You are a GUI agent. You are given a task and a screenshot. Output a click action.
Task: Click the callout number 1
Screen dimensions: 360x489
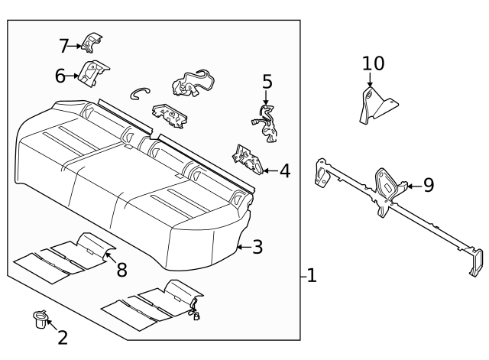click(312, 276)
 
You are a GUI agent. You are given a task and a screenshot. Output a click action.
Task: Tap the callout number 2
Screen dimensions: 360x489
click(63, 336)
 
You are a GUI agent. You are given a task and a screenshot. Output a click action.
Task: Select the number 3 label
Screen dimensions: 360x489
click(257, 247)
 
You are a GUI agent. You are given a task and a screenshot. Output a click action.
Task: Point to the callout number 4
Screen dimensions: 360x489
click(284, 170)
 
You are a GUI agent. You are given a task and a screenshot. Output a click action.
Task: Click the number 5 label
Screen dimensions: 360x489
click(267, 81)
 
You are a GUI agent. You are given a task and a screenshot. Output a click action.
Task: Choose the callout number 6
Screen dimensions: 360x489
click(60, 75)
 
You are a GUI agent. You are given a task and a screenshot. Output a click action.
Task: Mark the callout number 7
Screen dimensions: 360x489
click(64, 46)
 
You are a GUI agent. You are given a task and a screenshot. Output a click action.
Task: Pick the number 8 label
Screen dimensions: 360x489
click(121, 269)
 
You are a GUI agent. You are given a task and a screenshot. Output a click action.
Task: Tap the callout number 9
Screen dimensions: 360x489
click(428, 184)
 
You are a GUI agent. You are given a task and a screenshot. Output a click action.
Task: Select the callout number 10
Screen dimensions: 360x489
click(374, 63)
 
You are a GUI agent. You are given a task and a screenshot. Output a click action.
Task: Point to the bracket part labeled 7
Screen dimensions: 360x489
click(92, 43)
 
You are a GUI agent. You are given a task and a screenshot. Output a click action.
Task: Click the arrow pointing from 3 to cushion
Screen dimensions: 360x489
click(242, 247)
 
